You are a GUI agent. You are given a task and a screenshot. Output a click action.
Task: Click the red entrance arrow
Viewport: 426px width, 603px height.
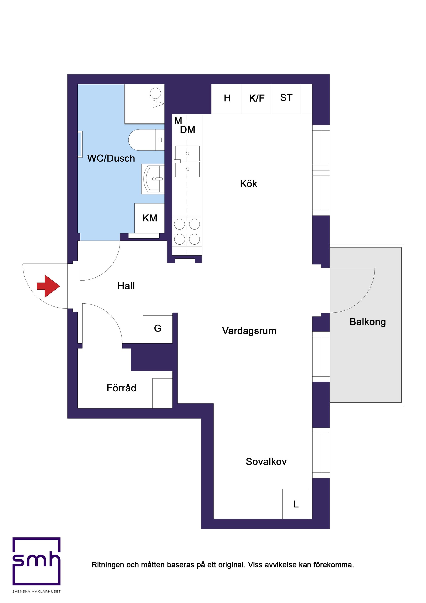coord(48,286)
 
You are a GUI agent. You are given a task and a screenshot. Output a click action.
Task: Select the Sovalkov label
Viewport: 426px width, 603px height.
coord(266,461)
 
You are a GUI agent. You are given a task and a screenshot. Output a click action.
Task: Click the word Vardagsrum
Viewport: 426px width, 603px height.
coord(249,331)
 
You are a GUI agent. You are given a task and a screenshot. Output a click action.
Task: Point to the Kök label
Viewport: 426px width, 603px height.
coord(248,184)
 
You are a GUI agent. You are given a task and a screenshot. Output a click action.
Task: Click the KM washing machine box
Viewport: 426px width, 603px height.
coord(150,218)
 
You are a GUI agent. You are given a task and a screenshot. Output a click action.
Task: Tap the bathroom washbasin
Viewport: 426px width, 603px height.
coord(154,179)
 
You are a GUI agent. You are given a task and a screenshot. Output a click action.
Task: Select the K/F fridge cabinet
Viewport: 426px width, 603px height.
coord(256,99)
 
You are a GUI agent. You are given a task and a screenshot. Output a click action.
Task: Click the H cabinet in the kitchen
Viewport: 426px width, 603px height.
coord(227,99)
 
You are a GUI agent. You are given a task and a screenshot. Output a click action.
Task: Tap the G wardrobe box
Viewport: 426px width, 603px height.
coord(157,328)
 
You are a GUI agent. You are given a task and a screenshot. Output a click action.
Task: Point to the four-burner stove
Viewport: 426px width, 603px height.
coord(187,232)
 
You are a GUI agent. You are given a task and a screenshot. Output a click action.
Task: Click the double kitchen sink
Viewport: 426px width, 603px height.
coord(187,161)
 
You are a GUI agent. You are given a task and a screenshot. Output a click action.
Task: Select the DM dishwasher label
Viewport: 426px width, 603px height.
coord(187,130)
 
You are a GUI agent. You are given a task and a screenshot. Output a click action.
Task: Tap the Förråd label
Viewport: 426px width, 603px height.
coord(121,388)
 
